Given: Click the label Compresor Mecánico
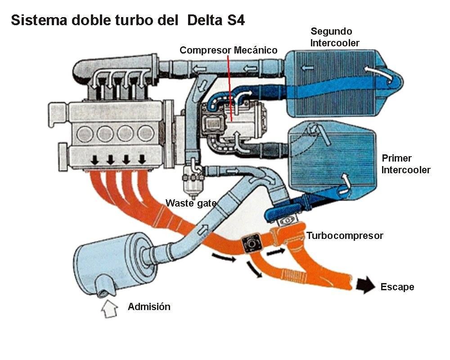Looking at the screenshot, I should (228, 50).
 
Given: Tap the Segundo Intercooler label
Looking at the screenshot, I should (335, 37).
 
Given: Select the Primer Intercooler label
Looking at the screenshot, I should (405, 164).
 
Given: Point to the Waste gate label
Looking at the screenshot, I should (191, 203).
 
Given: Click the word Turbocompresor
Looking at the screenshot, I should (345, 236).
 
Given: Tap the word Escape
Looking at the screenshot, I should (397, 287).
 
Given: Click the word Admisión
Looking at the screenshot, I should (149, 307).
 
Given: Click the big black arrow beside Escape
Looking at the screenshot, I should (365, 285).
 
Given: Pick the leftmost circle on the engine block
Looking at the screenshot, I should (85, 134).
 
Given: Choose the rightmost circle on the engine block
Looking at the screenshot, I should (145, 134).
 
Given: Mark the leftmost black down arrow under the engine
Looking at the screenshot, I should (94, 160).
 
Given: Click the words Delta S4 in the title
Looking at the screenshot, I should (216, 21).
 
